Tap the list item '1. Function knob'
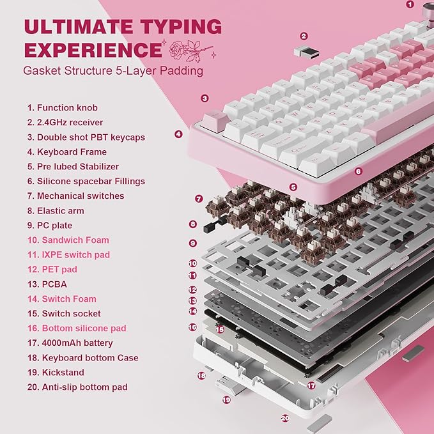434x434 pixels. tap(62, 108)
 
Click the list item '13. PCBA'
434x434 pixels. tap(47, 284)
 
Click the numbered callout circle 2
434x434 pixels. tap(304, 36)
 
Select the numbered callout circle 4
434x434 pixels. tap(178, 134)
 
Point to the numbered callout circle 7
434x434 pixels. tap(199, 199)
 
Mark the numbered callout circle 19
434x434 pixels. tap(226, 399)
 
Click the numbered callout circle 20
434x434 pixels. tap(285, 419)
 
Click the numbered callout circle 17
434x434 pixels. tap(311, 385)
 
